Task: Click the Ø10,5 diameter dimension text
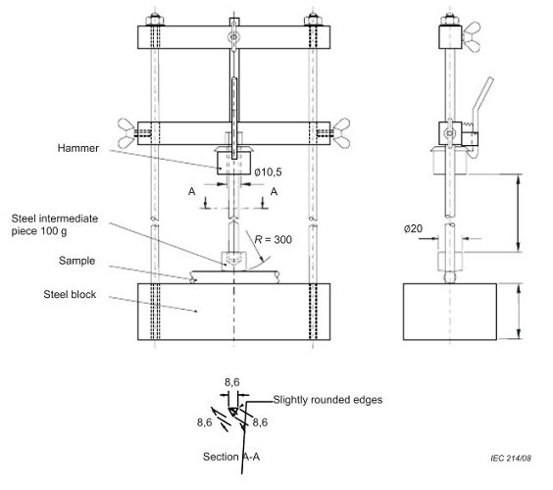tap(271, 171)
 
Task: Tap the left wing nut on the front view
tap(127, 127)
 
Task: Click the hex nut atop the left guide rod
tap(155, 18)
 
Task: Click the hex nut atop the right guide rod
tap(314, 18)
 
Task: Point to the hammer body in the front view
tap(233, 163)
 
